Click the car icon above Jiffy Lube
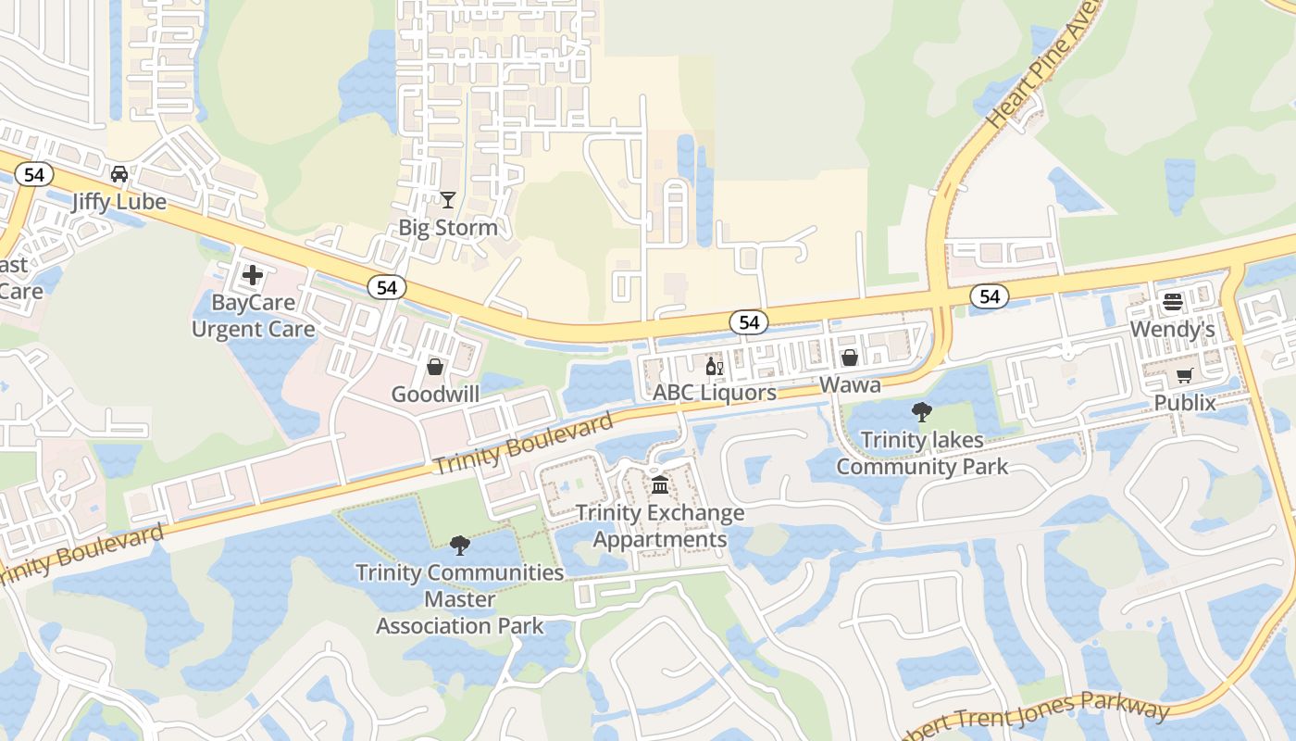point(119,174)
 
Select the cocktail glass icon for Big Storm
point(448,199)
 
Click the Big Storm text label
point(448,228)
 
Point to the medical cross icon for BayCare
point(253,274)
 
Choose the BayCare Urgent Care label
point(253,316)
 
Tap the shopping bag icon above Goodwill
point(435,367)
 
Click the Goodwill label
point(435,395)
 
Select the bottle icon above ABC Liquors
point(715,366)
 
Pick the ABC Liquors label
point(715,393)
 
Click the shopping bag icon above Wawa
point(850,358)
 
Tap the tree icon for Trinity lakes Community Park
point(922,412)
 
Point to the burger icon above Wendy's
point(1173,302)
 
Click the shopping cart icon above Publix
point(1184,375)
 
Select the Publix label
point(1185,403)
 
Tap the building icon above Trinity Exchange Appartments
point(660,484)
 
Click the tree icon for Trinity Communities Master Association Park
point(459,545)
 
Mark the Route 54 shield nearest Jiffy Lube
point(34,175)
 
